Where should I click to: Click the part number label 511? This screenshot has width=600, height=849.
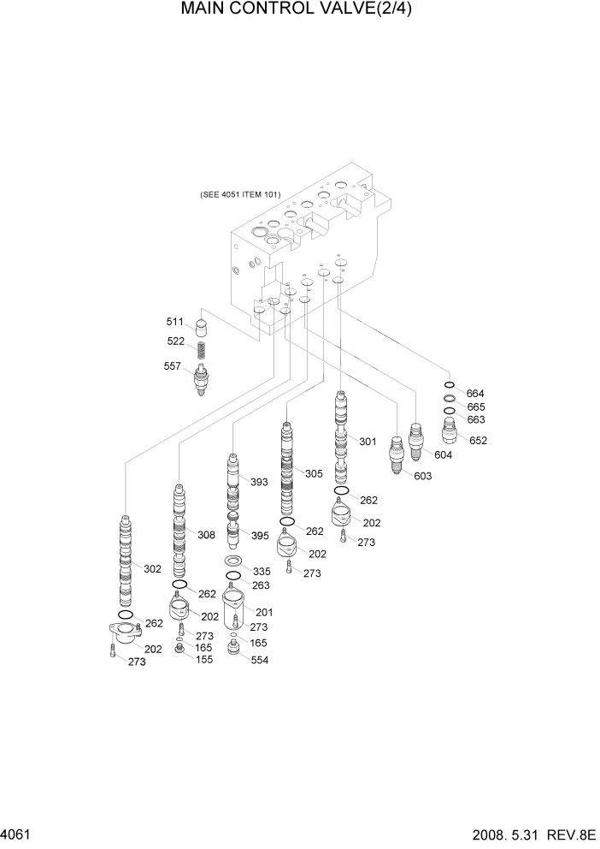174,322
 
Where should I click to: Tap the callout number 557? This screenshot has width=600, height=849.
174,365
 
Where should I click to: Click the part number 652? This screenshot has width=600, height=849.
478,441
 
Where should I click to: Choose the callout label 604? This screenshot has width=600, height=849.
443,454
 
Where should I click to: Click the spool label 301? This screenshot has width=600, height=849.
368,442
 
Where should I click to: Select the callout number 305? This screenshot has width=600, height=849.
314,473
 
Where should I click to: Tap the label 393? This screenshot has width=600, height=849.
259,482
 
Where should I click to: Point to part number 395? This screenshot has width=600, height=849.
259,535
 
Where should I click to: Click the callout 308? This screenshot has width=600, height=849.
206,535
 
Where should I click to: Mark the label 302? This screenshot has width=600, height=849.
152,568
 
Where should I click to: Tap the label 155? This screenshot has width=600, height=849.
205,660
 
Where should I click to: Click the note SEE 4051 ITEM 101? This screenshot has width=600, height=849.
240,194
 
